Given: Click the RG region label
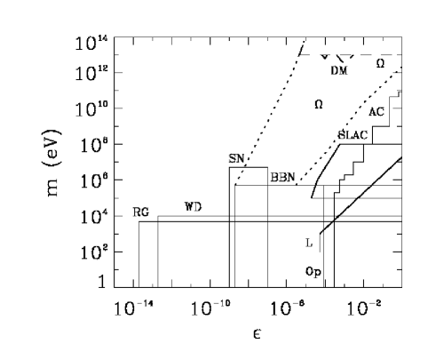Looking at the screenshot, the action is pos(141,212).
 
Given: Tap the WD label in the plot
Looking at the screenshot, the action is pos(193,206).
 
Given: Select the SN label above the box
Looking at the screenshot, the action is pos(236,159).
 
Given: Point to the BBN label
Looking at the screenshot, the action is pos(283,177).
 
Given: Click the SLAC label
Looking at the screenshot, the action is pos(353,135).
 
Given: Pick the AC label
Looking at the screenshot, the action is pos(377,112).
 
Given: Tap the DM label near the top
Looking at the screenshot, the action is pos(339,70).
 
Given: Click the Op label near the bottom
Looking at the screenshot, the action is pos(313,271).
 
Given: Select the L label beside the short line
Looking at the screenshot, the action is pos(309,244).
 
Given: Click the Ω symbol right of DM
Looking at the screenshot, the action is pos(380,63).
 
